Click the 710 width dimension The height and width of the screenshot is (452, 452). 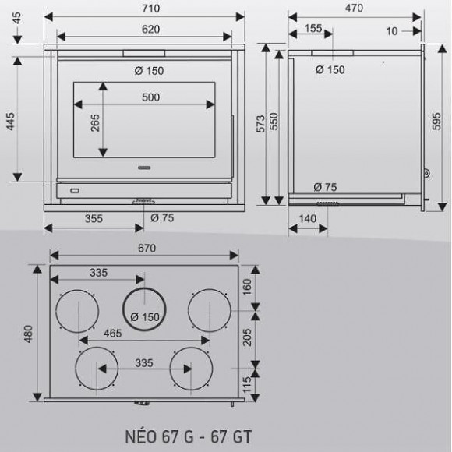tap(150, 9)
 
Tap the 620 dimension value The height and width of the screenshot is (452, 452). tap(150, 29)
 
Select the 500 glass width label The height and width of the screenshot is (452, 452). tap(150, 97)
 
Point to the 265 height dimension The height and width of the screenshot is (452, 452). tap(95, 123)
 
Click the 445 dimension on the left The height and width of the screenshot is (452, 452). tap(10, 122)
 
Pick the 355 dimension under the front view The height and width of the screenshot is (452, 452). tap(94, 218)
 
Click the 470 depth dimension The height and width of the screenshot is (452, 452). tap(354, 8)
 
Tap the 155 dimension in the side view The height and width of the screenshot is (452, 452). tap(313, 28)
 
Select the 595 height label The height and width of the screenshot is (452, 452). tap(436, 122)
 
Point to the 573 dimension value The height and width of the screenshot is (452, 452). tap(260, 124)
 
